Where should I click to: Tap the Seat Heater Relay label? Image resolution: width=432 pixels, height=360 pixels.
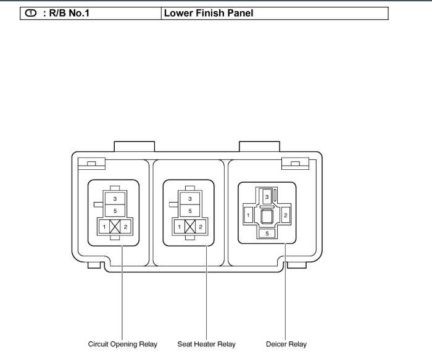206,344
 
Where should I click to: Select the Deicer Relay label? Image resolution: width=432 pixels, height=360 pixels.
286,344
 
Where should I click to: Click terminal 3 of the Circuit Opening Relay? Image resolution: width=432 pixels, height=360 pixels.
115,199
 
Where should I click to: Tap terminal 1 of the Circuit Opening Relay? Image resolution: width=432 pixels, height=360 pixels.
105,227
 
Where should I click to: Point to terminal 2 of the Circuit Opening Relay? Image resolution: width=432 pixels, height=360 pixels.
125,227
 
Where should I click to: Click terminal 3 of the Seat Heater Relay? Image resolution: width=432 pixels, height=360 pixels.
189,199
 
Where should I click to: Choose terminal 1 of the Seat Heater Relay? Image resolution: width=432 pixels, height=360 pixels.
180,227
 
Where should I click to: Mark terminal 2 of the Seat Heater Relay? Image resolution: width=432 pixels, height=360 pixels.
200,227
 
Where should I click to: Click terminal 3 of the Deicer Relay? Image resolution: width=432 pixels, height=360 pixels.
267,196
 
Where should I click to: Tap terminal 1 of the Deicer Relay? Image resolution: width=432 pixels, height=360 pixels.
247,215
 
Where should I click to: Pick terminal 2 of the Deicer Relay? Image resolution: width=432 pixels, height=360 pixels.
286,215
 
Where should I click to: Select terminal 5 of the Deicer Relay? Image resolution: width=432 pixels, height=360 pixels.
267,234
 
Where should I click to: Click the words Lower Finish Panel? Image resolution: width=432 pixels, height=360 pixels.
208,12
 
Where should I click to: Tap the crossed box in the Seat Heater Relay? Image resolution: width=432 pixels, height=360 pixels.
189,227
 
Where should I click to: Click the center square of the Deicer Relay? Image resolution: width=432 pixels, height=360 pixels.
267,217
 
